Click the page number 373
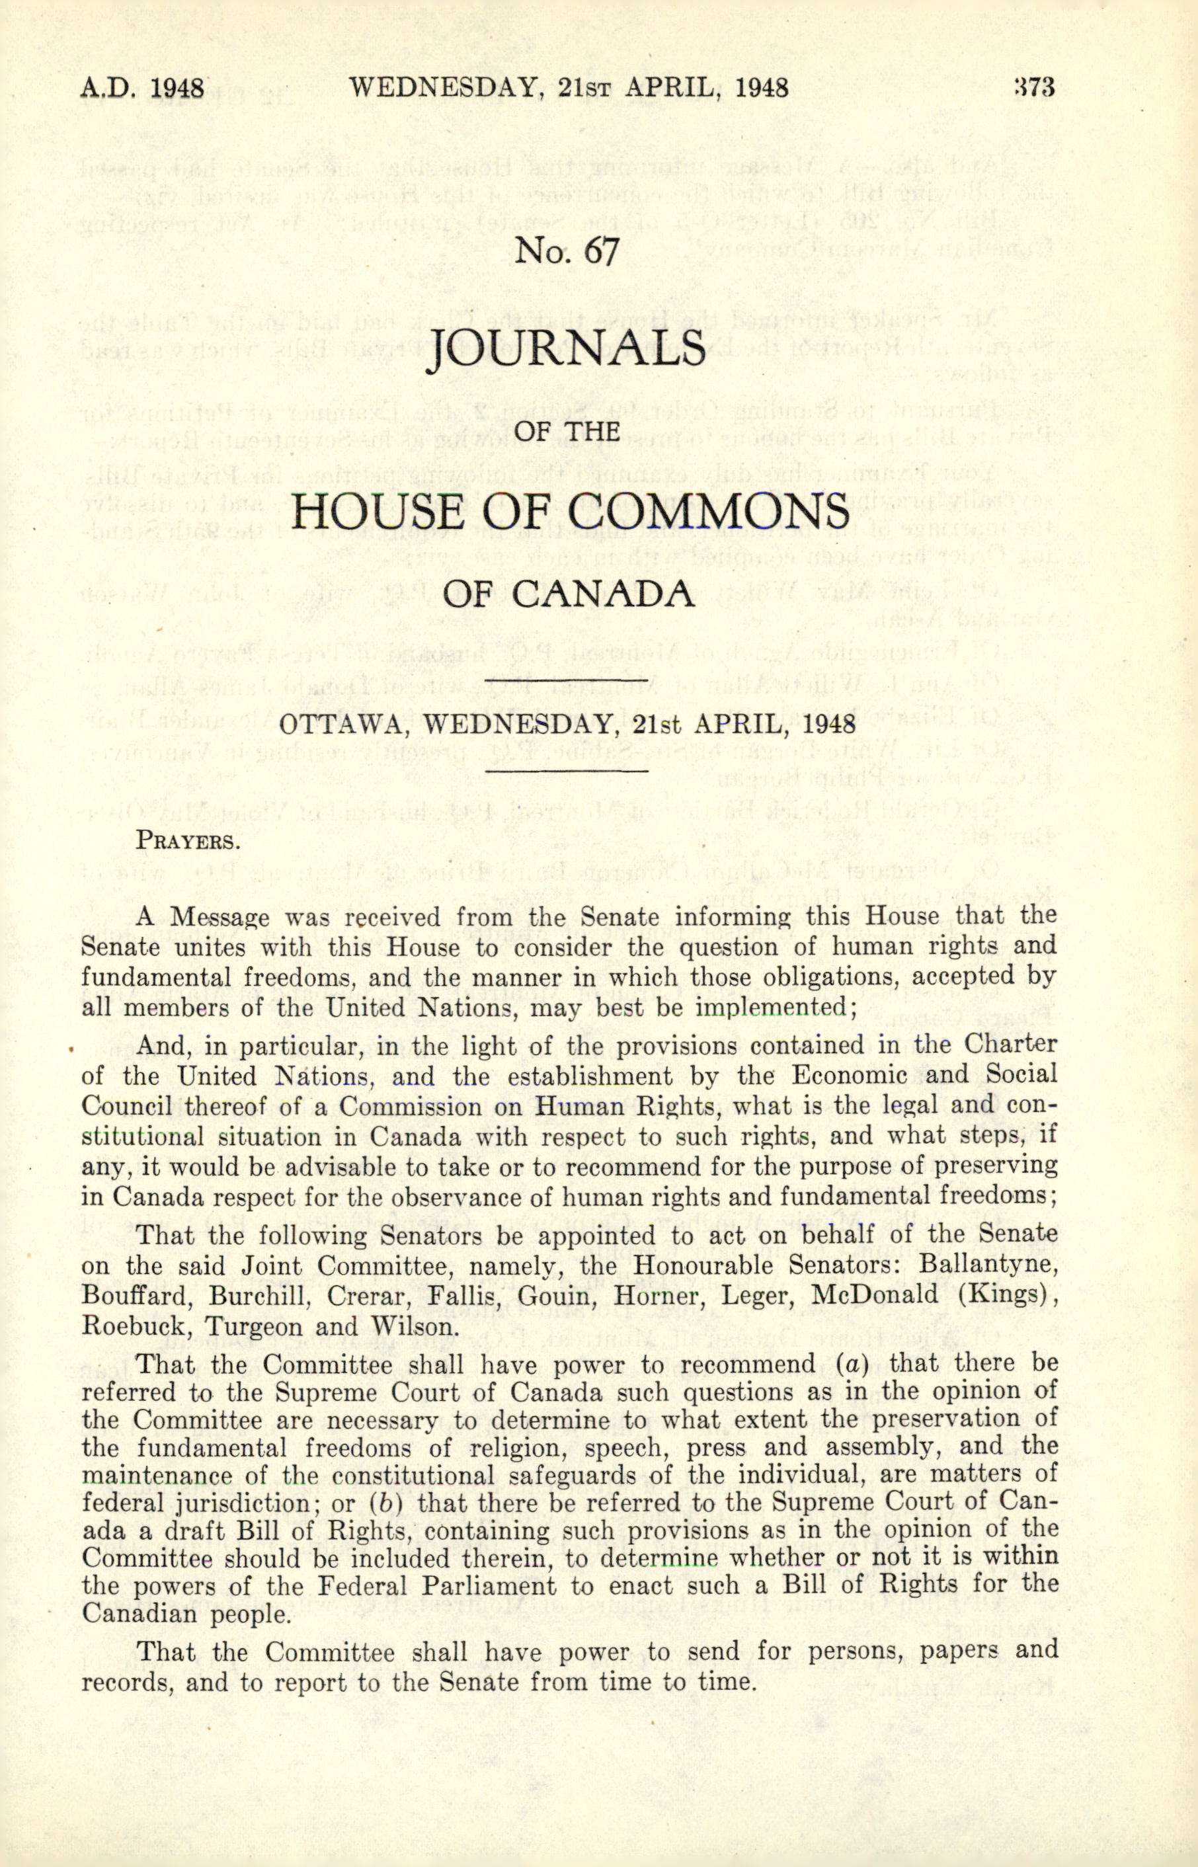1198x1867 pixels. pyautogui.click(x=1034, y=87)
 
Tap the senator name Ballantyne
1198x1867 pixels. pyautogui.click(x=988, y=1265)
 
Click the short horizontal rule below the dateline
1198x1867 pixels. pyautogui.click(x=567, y=772)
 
